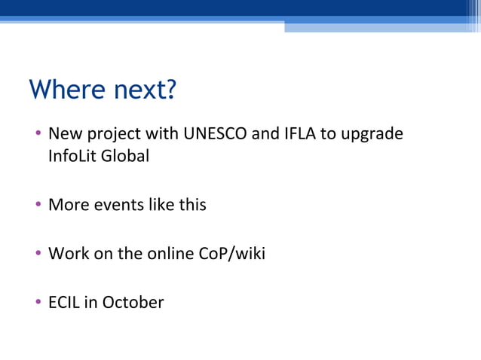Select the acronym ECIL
63,303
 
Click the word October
133,303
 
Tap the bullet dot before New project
38,135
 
